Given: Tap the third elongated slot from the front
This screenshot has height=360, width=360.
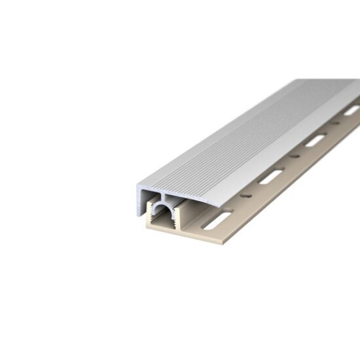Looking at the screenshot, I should (x=315, y=140).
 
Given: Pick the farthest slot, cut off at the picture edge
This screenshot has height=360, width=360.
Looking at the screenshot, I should (x=351, y=111).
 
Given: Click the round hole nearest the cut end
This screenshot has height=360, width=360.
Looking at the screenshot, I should (x=247, y=195).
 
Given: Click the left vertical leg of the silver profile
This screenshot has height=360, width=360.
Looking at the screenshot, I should (x=139, y=200).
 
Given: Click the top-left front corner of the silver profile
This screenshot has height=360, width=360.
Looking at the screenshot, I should (x=137, y=187).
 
